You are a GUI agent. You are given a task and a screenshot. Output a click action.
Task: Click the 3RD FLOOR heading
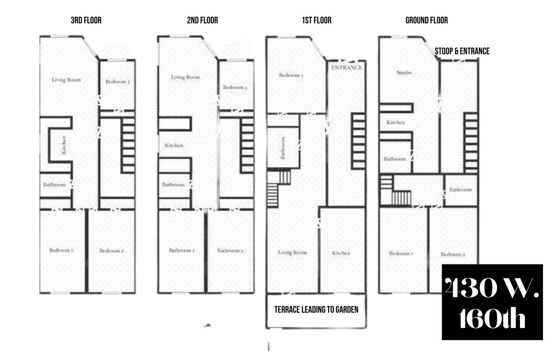coord(86,20)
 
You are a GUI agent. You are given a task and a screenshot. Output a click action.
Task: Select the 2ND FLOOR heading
coord(202,20)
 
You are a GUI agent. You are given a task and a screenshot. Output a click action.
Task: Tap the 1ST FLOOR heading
coord(317,20)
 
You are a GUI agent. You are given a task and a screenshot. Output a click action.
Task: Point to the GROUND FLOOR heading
coord(427,20)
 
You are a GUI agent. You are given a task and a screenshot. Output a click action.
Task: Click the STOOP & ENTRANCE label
coord(462,51)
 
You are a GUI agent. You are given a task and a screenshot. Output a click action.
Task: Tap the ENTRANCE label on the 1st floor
coord(346,67)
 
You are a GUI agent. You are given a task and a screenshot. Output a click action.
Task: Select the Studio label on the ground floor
coord(404,72)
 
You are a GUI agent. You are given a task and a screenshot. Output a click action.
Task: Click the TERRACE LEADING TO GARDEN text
coord(316,309)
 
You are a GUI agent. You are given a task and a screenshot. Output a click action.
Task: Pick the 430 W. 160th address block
coord(492,302)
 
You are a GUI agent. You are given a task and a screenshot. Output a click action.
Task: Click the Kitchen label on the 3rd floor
coord(64,144)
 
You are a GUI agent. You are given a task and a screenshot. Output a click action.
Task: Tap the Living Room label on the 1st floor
coord(292,252)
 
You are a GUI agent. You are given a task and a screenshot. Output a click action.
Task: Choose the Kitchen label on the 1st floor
coord(341,253)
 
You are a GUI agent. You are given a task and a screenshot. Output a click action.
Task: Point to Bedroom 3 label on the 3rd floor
coord(117,82)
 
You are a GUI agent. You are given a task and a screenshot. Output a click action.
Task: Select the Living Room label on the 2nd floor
coord(185,77)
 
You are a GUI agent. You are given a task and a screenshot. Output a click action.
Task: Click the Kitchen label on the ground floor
coord(395,122)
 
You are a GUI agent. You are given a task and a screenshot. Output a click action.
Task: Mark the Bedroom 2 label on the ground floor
coord(453,254)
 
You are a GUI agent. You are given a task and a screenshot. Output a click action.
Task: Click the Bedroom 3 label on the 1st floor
coord(291,75)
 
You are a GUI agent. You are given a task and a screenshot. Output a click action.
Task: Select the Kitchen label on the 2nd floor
coord(174,145)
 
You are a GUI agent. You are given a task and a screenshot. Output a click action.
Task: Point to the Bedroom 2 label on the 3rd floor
coord(111,251)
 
